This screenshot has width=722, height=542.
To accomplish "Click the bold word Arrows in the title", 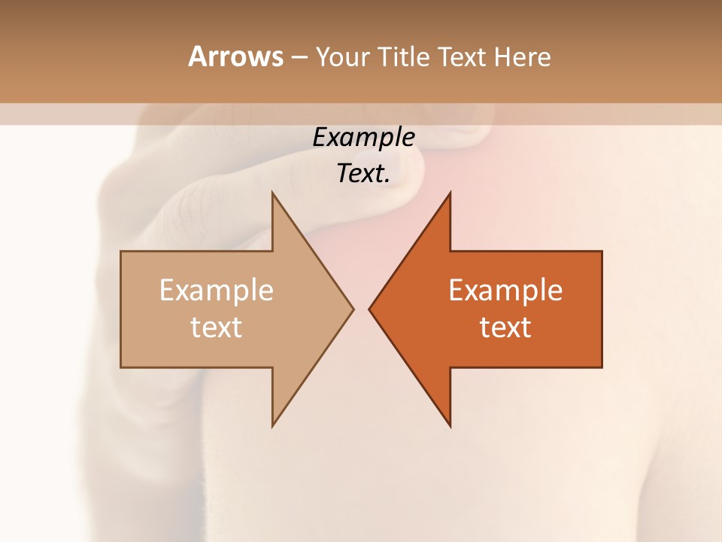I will (x=235, y=56).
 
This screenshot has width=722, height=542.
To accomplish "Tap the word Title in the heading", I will (x=405, y=57).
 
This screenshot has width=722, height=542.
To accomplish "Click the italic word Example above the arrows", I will (x=363, y=137).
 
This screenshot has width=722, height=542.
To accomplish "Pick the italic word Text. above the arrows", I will (x=363, y=173).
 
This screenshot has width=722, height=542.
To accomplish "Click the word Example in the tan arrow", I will (x=217, y=290).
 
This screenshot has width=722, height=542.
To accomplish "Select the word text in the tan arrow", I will (x=217, y=327).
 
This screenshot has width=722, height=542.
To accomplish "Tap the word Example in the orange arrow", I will (x=505, y=290).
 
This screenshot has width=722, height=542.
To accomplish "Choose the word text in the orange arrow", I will (x=505, y=327).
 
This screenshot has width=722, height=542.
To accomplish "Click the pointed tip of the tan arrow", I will (x=352, y=309).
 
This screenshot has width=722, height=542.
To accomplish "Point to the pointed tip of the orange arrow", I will (x=370, y=309).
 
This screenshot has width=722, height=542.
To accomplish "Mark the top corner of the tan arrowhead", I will (x=273, y=193).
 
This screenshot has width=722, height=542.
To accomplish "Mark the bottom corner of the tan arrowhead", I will (x=273, y=425).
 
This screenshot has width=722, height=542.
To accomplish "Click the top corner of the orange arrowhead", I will (x=450, y=193).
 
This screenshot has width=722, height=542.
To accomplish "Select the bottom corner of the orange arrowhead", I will (x=450, y=425).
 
